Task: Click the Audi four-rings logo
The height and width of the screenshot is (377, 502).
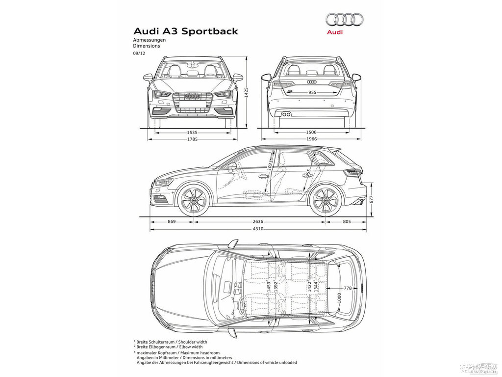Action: pos(345,20)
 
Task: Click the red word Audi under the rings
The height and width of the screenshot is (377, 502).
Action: pos(335,32)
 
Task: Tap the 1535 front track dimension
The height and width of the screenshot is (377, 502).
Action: pos(192,132)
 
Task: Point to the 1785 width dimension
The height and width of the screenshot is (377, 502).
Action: pos(192,139)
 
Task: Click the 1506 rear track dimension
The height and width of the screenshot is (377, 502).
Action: pos(311,132)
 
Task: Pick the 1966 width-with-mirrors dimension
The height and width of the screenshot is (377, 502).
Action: pos(311,139)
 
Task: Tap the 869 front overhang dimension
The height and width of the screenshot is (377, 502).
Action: pos(172,221)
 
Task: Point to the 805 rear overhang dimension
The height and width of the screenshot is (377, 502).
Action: pos(347,221)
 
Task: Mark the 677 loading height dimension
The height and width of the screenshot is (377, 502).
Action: pos(372,199)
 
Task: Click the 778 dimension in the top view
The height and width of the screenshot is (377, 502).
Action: pos(348,288)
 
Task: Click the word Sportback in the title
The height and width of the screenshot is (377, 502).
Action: pos(209,31)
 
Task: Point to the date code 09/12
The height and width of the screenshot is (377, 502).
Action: pos(139,53)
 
